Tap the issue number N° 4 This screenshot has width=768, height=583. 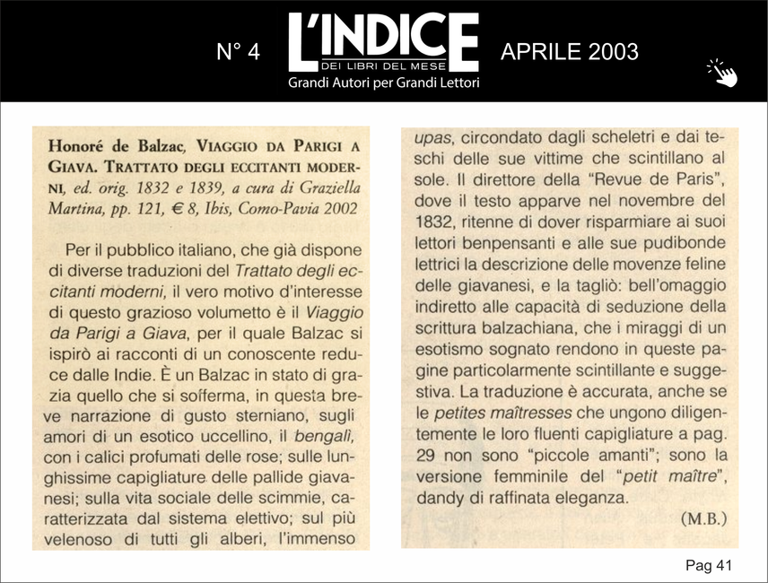coord(239,52)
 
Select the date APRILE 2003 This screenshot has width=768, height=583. coord(570,51)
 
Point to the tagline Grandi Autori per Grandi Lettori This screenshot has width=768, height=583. coord(383,83)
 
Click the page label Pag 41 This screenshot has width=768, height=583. coord(709,565)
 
